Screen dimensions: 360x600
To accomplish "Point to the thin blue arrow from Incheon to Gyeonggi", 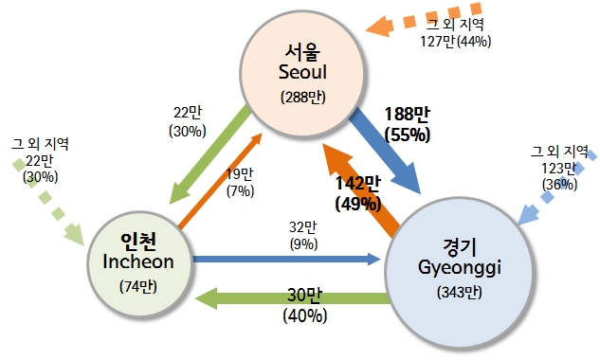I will pos(284,257).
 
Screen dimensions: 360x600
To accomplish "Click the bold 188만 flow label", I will pos(407,115).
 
